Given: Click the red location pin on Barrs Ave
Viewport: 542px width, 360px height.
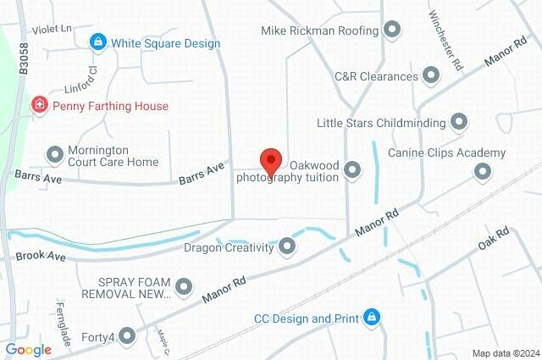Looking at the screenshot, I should click(x=270, y=159).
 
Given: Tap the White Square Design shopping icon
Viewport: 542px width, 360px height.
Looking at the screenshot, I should click(x=99, y=42).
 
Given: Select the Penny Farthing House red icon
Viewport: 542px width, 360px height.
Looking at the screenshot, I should click(x=39, y=106).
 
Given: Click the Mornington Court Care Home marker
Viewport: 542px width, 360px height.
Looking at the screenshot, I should click(x=56, y=154).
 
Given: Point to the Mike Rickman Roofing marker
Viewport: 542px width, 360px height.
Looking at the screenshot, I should click(x=391, y=31).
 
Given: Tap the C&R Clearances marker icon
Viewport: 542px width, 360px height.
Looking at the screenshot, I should click(x=431, y=76).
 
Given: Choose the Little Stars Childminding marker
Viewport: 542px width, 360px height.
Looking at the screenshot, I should click(x=459, y=123).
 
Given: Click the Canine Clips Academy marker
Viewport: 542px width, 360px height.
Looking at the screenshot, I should click(x=483, y=172).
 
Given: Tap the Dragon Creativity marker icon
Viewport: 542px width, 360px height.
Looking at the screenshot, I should click(x=288, y=247).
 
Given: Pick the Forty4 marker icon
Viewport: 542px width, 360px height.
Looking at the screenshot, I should click(x=128, y=336).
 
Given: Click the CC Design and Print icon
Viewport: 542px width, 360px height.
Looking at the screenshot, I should click(x=372, y=318).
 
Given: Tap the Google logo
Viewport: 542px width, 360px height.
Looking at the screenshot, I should click(x=28, y=350).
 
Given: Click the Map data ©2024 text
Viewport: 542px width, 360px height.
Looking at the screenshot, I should click(x=505, y=353).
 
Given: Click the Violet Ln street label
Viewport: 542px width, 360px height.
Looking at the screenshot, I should click(x=52, y=28).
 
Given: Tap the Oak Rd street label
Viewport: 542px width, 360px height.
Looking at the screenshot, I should click(x=492, y=239).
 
